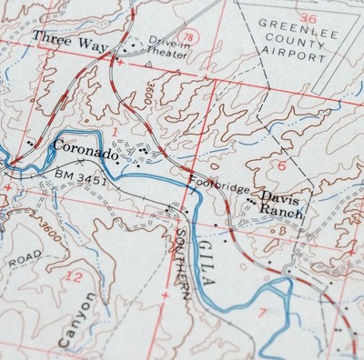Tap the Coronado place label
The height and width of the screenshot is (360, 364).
[86, 148]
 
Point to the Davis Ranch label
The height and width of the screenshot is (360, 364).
[280, 203]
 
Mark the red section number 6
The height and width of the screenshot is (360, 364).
[281, 165]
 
